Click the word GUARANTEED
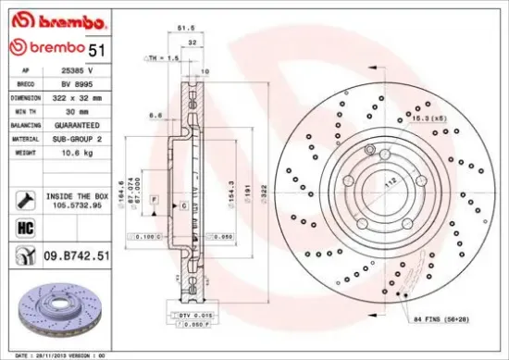point(78,124)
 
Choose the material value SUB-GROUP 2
point(78,137)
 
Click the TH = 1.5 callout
point(162,57)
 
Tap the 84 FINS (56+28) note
point(453,319)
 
